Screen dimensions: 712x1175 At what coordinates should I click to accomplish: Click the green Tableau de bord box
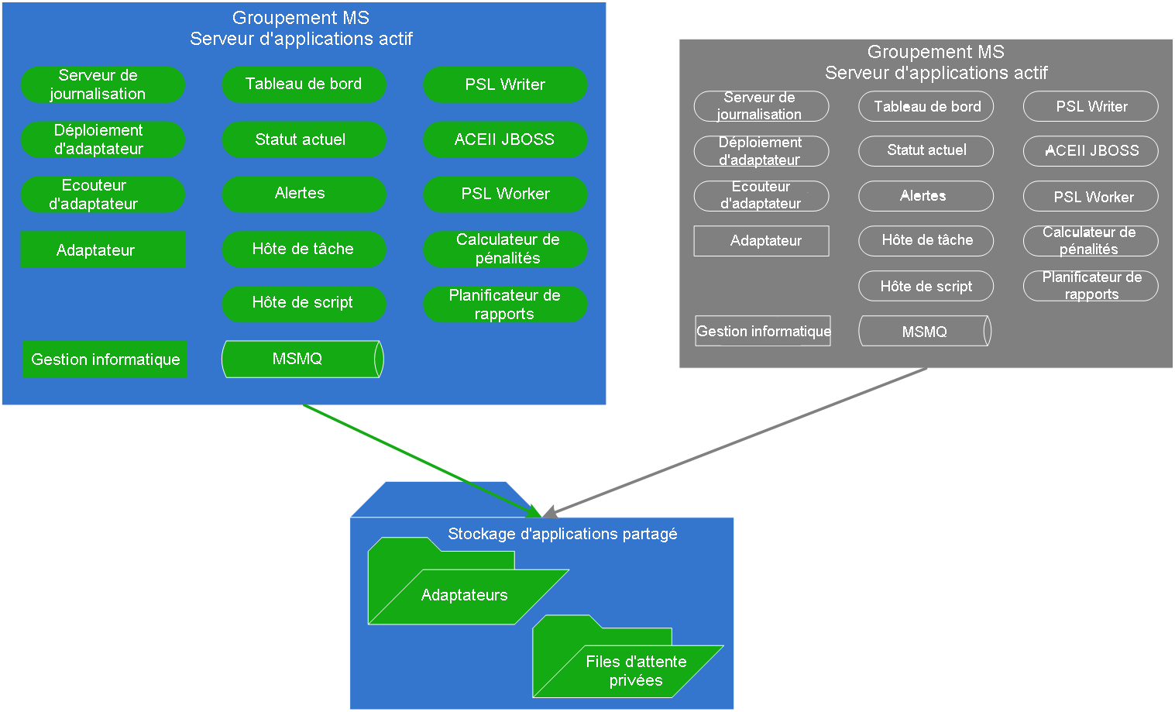click(x=304, y=84)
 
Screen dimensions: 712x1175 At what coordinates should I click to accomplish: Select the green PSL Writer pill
click(x=505, y=84)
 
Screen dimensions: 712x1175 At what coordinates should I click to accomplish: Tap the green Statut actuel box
click(x=304, y=139)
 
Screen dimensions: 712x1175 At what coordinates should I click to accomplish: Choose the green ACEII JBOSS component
click(x=505, y=139)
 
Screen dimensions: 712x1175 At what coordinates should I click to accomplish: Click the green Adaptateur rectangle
click(x=103, y=249)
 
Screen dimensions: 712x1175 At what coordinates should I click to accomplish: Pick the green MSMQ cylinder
click(x=302, y=359)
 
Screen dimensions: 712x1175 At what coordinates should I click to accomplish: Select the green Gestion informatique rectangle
click(x=105, y=359)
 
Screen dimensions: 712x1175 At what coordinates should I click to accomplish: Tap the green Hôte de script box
click(x=304, y=304)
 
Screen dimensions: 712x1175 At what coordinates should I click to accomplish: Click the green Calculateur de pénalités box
click(x=505, y=249)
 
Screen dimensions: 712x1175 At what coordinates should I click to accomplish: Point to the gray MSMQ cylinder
click(x=925, y=332)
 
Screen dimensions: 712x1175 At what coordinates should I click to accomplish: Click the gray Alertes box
click(x=926, y=196)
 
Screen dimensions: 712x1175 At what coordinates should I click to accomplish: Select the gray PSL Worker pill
click(x=1091, y=197)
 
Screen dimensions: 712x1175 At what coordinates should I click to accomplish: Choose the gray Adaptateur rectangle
click(x=761, y=241)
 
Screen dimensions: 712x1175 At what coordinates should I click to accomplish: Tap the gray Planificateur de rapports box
click(x=1091, y=286)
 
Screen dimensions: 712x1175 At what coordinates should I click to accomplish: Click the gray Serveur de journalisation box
click(x=761, y=106)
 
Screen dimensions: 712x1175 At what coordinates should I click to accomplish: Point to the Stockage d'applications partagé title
click(x=562, y=534)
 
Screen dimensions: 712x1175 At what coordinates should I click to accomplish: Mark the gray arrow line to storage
click(x=736, y=442)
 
